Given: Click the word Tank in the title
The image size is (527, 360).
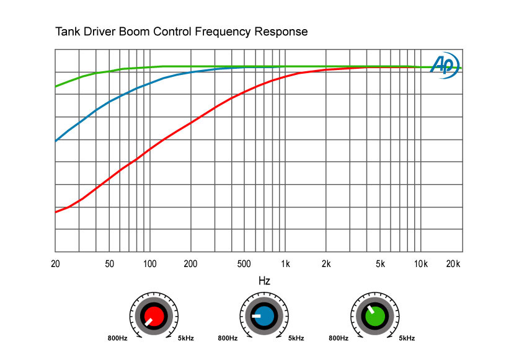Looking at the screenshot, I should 68,31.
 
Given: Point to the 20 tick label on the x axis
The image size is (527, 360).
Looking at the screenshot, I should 55,263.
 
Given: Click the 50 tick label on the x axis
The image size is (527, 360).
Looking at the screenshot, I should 109,263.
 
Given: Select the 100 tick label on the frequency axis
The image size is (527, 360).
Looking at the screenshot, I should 150,263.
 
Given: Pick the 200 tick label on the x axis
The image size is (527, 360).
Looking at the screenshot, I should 190,263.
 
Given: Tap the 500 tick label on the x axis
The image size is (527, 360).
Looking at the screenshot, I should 244,263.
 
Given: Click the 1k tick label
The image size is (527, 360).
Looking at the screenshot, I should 285,263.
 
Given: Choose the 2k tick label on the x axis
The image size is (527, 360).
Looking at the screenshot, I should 326,263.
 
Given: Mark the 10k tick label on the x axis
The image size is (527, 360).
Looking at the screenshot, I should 421,263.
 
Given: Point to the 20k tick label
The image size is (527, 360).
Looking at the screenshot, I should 454,263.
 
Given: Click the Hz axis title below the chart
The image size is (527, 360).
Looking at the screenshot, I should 264,281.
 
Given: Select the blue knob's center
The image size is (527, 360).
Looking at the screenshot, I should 264,316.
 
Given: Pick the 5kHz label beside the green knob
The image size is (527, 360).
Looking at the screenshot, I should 407,338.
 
